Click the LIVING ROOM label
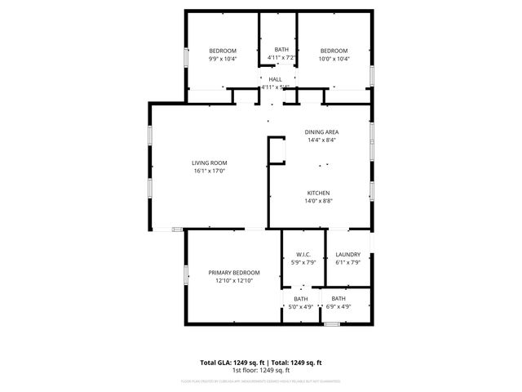click(x=210, y=163)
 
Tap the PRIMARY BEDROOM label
click(x=234, y=272)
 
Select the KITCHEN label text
click(x=318, y=193)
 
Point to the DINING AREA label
click(x=322, y=131)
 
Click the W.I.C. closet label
click(x=303, y=254)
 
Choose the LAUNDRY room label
click(x=348, y=254)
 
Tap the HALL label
click(x=275, y=79)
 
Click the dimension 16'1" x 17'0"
click(x=210, y=171)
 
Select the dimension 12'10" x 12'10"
click(x=234, y=280)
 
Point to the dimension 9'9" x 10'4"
click(x=223, y=58)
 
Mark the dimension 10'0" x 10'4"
click(x=334, y=58)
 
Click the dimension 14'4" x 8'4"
click(x=322, y=140)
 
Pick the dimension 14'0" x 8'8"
click(x=318, y=201)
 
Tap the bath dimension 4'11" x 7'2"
click(x=281, y=58)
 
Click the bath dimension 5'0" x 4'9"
click(x=302, y=307)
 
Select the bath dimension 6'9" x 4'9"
click(x=338, y=307)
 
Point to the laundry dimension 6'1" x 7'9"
click(x=348, y=262)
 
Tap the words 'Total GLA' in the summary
click(x=216, y=362)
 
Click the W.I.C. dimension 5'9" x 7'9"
click(x=303, y=262)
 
